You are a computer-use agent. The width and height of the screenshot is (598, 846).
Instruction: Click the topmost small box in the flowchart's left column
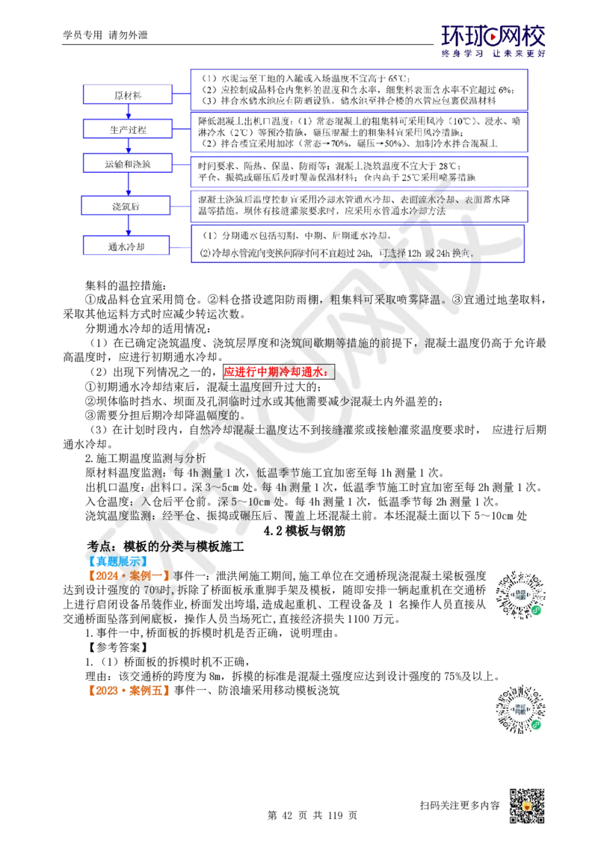[127, 94]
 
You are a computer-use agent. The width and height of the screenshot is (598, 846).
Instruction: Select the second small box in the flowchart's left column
[127, 129]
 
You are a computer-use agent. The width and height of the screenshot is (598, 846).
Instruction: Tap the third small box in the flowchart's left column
[127, 163]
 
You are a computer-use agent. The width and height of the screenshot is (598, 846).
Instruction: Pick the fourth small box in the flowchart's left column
[127, 203]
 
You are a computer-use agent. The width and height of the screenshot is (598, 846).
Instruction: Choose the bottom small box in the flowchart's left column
[127, 244]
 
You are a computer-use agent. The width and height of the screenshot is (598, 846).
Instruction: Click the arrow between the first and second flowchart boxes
[128, 111]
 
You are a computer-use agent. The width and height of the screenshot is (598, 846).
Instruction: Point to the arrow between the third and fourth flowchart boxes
[128, 183]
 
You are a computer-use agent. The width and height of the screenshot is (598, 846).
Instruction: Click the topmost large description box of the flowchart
[360, 89]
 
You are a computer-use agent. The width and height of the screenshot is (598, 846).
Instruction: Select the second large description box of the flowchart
[360, 130]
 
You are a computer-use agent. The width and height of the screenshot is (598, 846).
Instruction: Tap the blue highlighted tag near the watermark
[118, 561]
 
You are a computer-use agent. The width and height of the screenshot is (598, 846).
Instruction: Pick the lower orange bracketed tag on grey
[129, 691]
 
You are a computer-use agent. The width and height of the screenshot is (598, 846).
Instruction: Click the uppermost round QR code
[520, 594]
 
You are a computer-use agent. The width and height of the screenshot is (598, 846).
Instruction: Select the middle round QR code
[520, 708]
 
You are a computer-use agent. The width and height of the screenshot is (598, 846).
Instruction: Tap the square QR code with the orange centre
[525, 807]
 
